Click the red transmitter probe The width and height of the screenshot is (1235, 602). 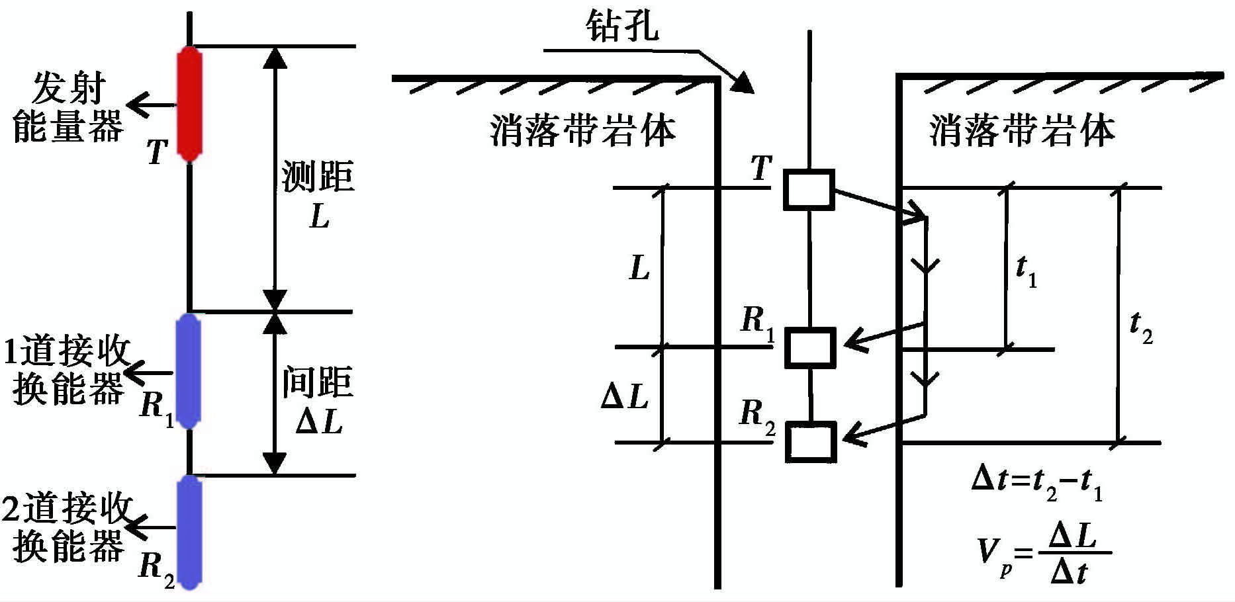pos(189,103)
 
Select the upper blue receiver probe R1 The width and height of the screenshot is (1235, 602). pos(189,371)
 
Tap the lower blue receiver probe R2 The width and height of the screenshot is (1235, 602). pos(189,532)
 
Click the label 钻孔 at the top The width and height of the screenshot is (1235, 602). pos(622,26)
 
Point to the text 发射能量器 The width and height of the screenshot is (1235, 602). pos(68,107)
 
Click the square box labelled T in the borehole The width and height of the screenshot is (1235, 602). pos(809,190)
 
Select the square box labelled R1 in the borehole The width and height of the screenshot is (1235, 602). pos(810,347)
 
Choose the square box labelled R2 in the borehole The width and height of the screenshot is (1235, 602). pos(811,441)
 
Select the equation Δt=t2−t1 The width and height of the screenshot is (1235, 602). pos(1036,482)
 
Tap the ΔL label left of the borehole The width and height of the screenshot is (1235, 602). pos(625,397)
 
